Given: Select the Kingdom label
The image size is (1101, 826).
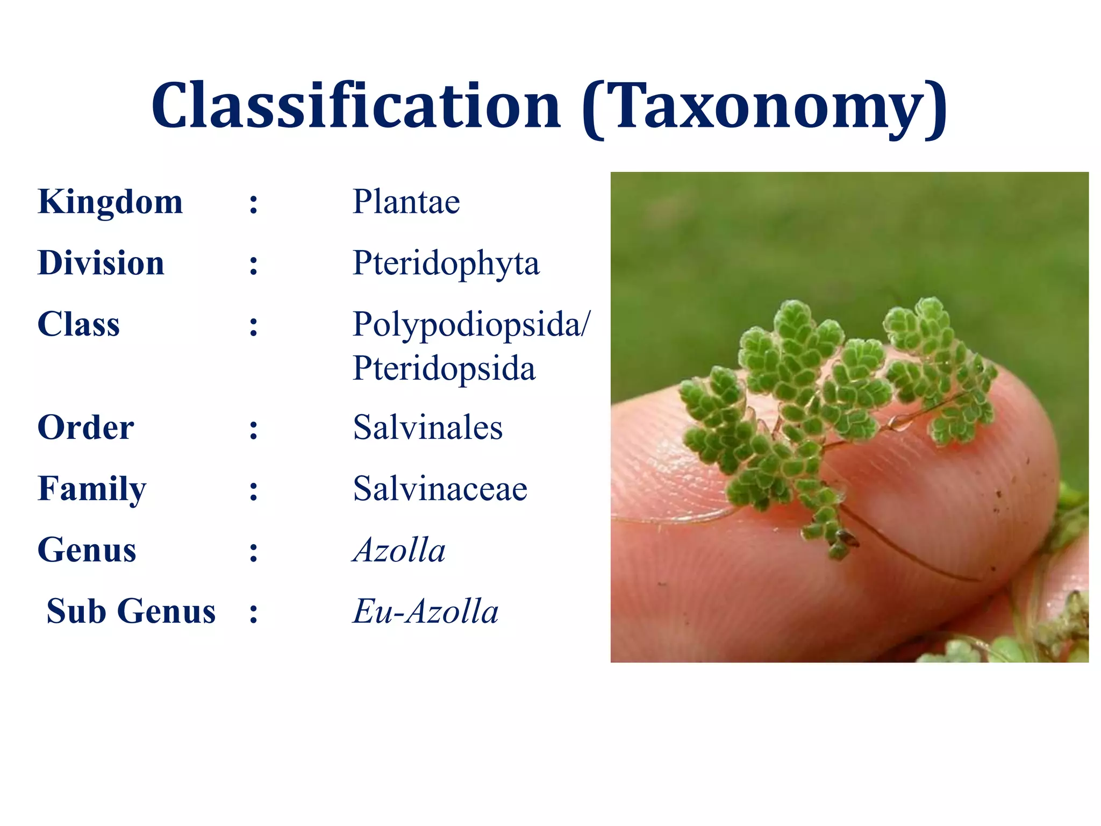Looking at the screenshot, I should (110, 202).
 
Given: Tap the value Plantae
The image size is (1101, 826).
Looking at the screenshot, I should (406, 202).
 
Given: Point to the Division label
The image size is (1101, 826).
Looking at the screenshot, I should (101, 264).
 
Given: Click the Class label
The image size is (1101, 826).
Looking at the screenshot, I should (78, 325).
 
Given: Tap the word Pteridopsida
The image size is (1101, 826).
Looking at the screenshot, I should (444, 369).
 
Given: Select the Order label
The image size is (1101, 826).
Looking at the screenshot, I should (85, 428).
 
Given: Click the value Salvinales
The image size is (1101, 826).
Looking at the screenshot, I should (427, 428).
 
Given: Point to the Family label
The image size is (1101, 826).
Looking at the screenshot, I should (92, 489).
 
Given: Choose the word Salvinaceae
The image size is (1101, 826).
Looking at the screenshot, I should (440, 489).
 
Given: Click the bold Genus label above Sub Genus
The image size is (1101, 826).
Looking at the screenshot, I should (87, 551).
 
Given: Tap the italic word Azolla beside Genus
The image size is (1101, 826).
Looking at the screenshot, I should (399, 551).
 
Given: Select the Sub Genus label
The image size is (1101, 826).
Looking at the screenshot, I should (131, 612).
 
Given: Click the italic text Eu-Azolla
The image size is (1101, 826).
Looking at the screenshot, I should (425, 612).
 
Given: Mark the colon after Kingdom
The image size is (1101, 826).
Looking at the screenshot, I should (253, 204).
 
